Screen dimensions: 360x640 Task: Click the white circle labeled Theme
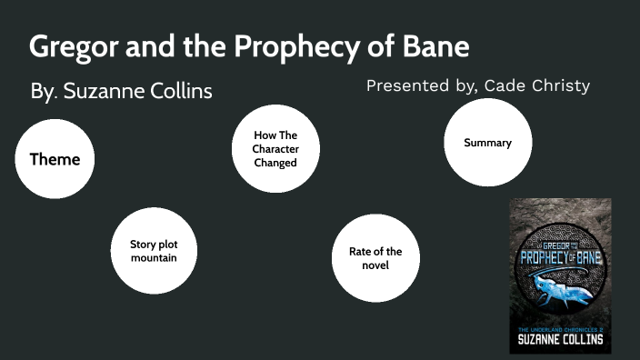point(55,160)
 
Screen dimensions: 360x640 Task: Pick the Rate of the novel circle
point(375,258)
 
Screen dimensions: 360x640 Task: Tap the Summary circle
point(487,143)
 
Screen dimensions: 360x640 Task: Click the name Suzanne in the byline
point(102,92)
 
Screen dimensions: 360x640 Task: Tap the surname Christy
point(561,86)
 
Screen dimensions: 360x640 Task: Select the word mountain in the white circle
point(153,258)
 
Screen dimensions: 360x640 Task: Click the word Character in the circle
point(275,149)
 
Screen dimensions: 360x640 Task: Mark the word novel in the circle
point(375,265)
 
